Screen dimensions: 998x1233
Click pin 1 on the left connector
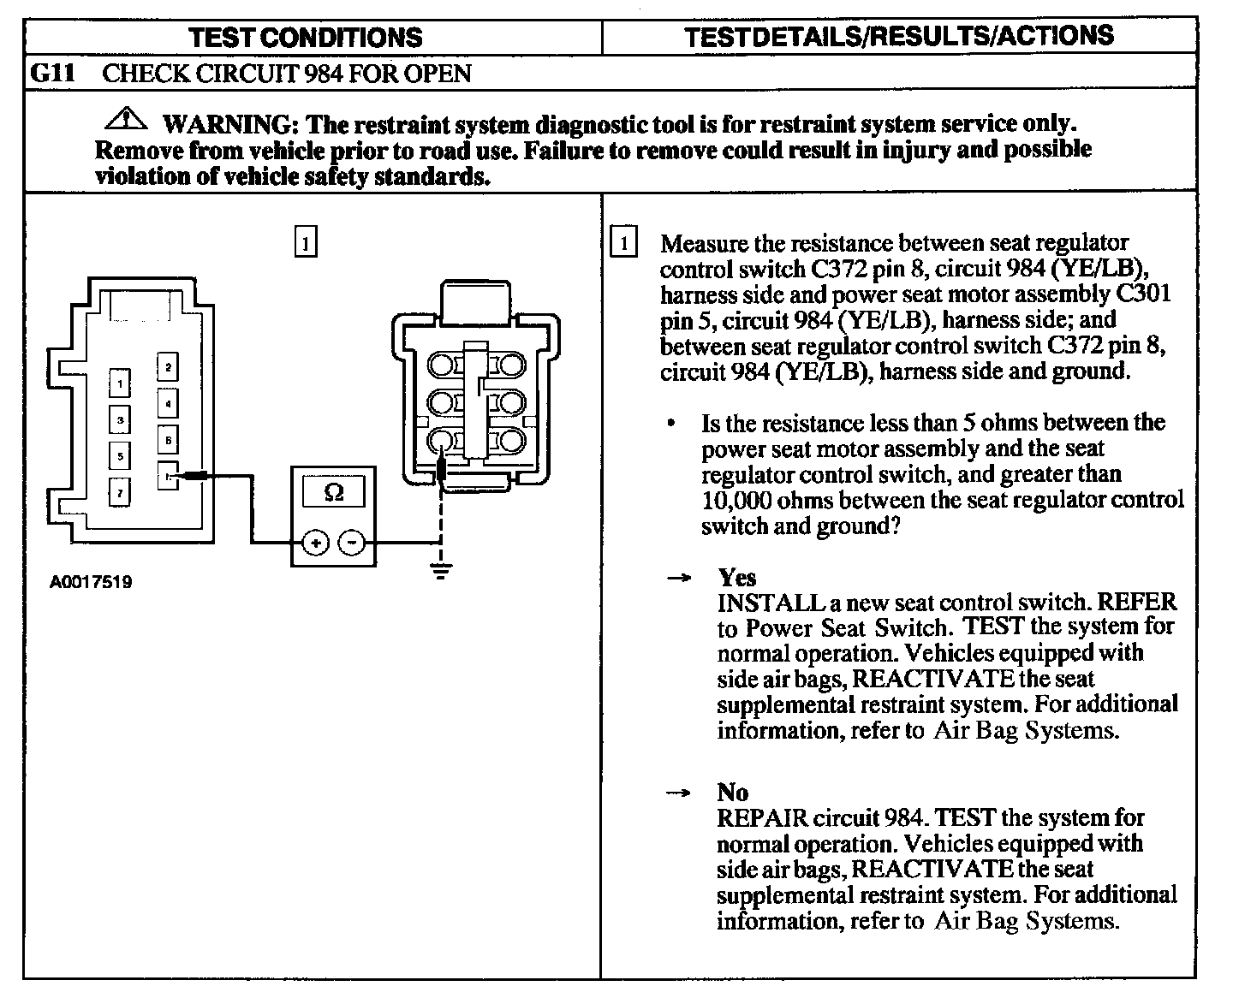[121, 383]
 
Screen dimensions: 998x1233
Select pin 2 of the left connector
[169, 368]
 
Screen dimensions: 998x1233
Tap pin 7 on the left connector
[121, 491]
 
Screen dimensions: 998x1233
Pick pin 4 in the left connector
[169, 403]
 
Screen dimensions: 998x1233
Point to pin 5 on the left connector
[121, 455]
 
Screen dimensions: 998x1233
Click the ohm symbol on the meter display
[334, 493]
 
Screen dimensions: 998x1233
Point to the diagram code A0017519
[91, 583]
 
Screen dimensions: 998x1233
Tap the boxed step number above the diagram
[305, 242]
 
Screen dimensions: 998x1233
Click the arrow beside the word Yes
[678, 579]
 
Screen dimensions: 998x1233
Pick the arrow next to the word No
[678, 793]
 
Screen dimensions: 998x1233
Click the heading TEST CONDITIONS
[306, 37]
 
